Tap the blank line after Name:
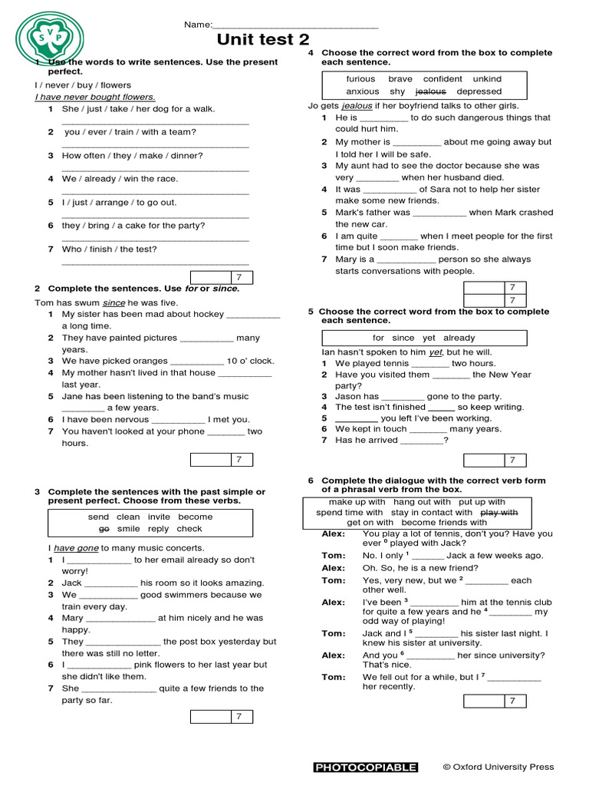294,26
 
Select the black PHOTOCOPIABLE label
366,767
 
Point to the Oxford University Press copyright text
498,767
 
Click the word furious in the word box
360,79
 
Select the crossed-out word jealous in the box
430,91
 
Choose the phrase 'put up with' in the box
476,502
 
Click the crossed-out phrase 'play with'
499,512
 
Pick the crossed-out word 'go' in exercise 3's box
104,529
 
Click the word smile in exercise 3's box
129,529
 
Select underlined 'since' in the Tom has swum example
114,303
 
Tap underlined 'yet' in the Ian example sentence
436,352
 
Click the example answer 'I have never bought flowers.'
95,97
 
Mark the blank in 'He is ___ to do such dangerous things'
383,118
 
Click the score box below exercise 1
221,277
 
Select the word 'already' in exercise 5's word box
459,338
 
